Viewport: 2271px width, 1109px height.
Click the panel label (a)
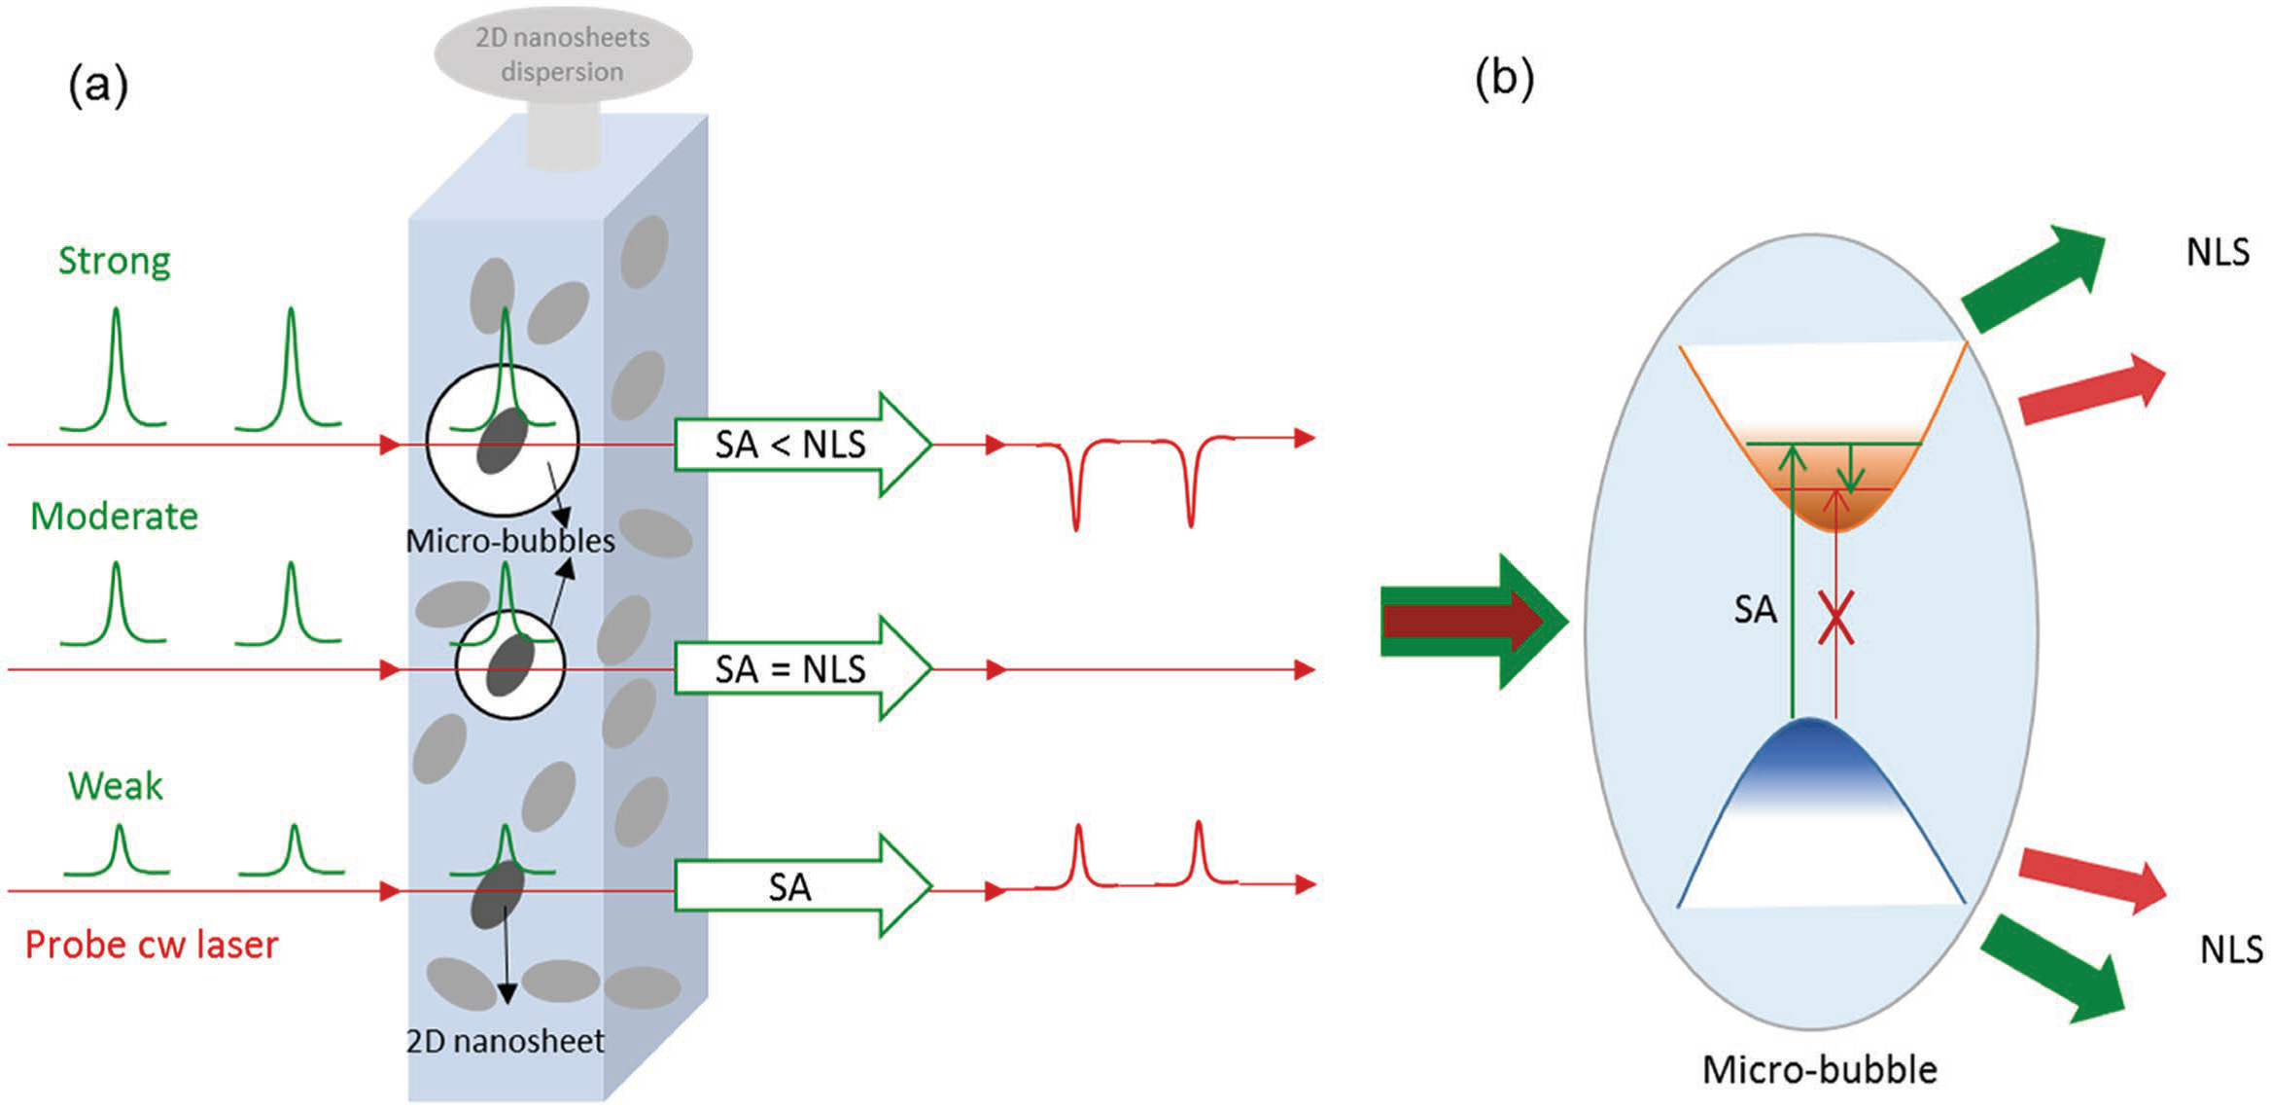(98, 86)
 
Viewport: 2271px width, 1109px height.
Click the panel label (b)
(1504, 78)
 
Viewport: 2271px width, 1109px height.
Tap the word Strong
(115, 261)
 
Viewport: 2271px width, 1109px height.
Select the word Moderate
(115, 516)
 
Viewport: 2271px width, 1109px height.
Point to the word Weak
(116, 786)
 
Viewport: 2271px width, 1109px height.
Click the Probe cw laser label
(152, 945)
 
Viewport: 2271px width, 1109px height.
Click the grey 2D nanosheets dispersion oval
(563, 54)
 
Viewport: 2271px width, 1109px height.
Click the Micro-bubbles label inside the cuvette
(510, 541)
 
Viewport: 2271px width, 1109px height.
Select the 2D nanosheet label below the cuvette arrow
(505, 1041)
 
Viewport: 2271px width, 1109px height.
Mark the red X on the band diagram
(1835, 618)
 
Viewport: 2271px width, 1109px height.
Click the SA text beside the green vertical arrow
(1755, 610)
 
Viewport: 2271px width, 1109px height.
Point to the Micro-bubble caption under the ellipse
(1819, 1069)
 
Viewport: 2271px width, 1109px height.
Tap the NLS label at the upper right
(2218, 252)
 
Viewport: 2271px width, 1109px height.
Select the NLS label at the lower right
(2231, 948)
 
